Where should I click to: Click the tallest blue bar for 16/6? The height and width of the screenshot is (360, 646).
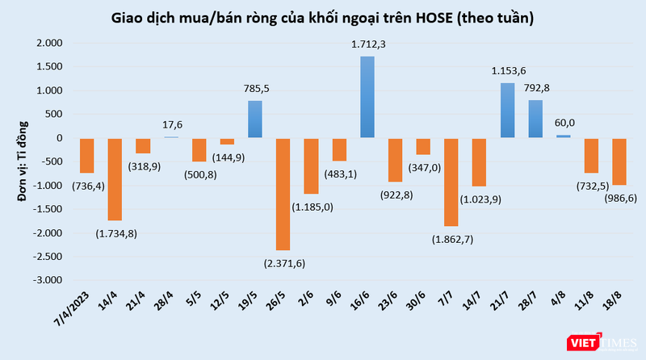(367, 97)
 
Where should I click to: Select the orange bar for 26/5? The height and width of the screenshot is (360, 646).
(283, 194)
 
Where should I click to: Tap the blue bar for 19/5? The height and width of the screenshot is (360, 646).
(254, 119)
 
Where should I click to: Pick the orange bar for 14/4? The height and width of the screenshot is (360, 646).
(115, 178)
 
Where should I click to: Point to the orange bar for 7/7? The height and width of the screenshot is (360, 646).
(451, 182)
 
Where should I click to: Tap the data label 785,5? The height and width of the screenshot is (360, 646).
(255, 90)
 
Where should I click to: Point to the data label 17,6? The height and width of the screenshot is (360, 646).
(170, 124)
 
